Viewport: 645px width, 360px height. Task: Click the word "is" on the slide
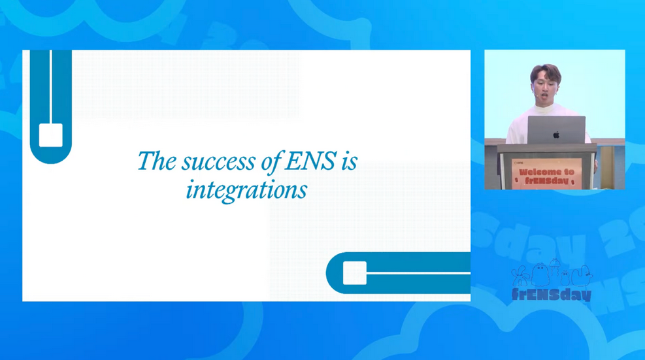[349, 161]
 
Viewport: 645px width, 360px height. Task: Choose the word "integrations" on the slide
[246, 191]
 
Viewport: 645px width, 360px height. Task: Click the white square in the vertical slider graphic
[51, 135]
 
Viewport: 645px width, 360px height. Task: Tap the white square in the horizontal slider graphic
[355, 273]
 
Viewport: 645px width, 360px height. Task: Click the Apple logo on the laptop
[556, 135]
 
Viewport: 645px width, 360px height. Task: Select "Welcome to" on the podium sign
[547, 172]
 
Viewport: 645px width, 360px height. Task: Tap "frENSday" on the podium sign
[547, 180]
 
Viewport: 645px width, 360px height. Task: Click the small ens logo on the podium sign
[518, 163]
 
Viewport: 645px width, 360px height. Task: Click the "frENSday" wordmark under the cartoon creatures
[552, 294]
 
